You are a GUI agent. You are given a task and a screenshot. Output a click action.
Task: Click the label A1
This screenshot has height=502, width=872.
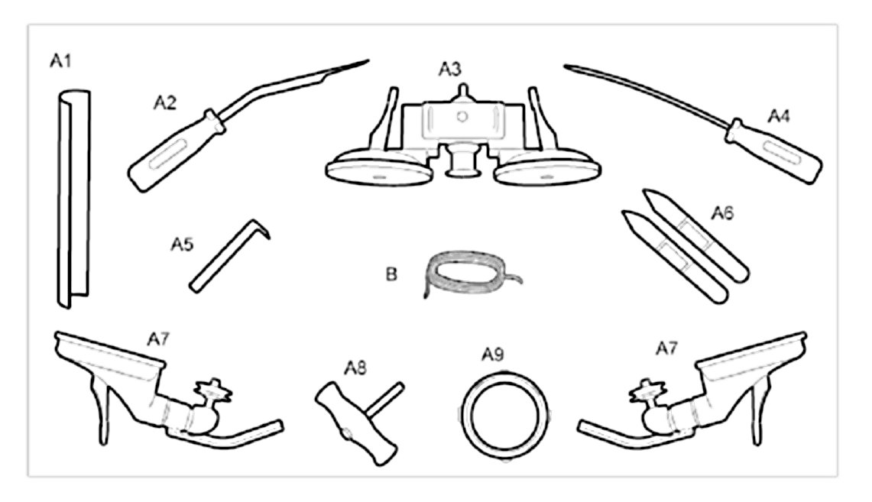pyautogui.click(x=61, y=61)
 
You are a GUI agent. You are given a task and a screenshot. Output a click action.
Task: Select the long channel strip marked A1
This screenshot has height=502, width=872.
pyautogui.click(x=73, y=199)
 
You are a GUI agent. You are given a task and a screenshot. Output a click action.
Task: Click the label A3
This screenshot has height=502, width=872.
pyautogui.click(x=449, y=70)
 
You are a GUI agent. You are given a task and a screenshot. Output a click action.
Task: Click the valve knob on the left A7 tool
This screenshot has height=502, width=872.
pyautogui.click(x=212, y=389)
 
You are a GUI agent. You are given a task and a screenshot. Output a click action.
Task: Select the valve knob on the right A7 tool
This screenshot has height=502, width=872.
pyautogui.click(x=647, y=389)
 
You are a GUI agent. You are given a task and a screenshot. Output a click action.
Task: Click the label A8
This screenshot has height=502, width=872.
pyautogui.click(x=354, y=368)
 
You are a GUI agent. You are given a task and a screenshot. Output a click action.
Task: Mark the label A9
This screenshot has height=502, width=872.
pyautogui.click(x=493, y=355)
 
